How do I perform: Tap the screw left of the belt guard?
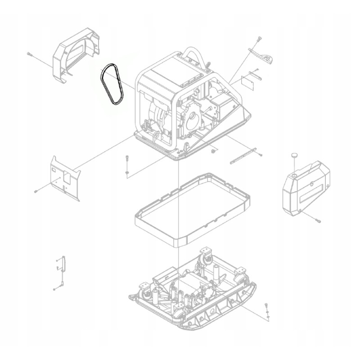pyautogui.click(x=29, y=54)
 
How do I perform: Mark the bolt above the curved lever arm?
pyautogui.click(x=260, y=39)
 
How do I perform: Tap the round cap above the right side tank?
pyautogui.click(x=293, y=155)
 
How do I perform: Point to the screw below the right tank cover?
pyautogui.click(x=318, y=220)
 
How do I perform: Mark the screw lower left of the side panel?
pyautogui.click(x=35, y=191)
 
